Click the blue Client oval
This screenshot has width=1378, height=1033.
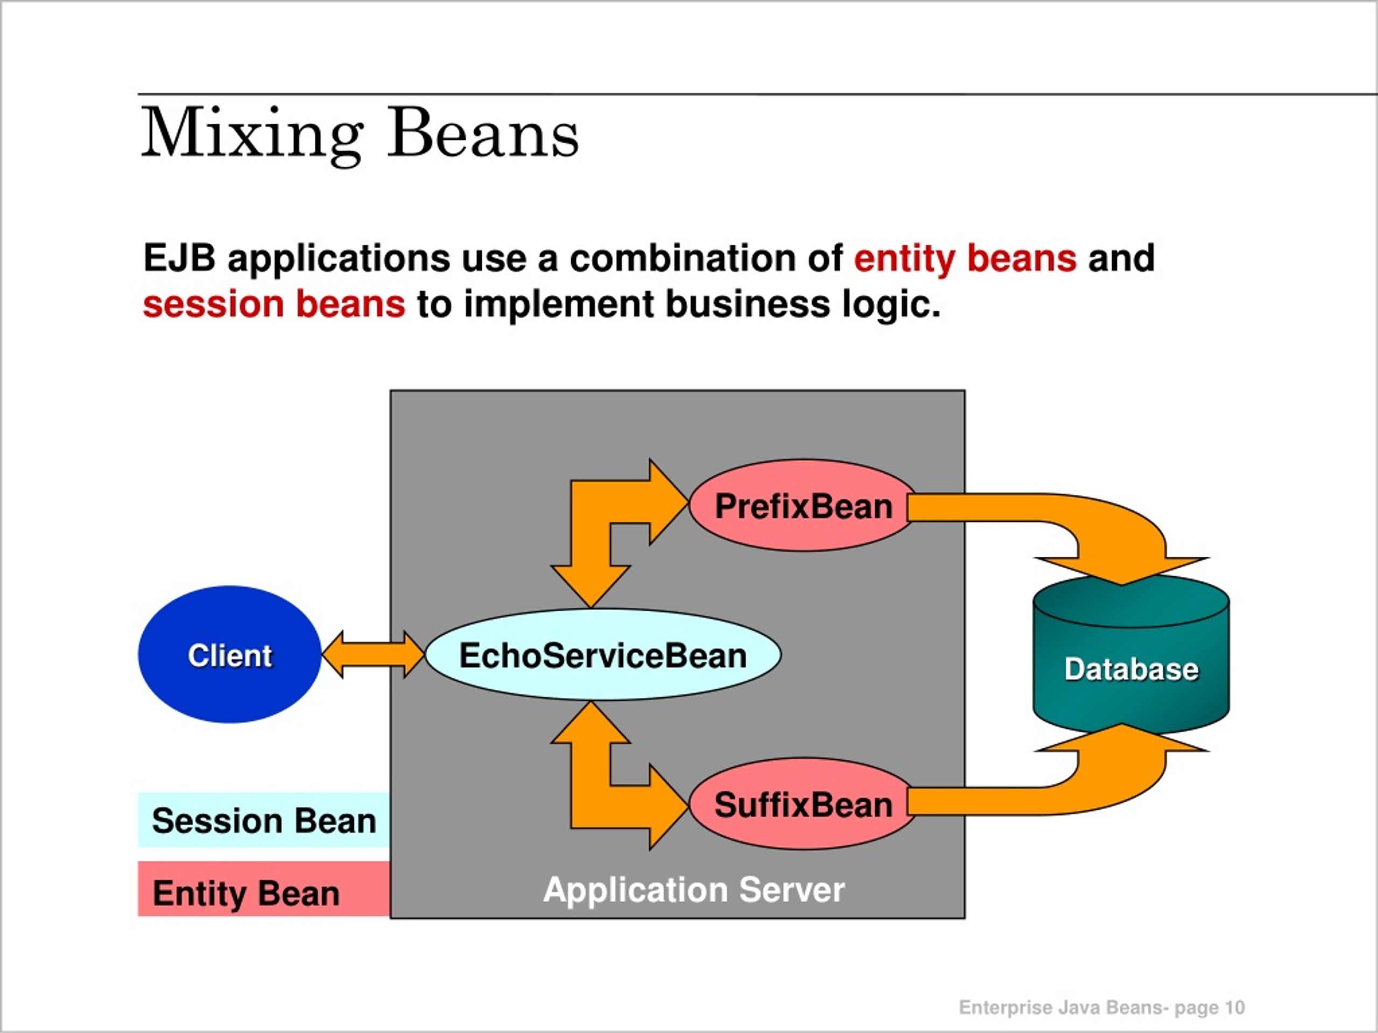tap(229, 654)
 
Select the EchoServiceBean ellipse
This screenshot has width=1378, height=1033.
tap(602, 654)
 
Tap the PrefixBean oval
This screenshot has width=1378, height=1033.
tap(803, 506)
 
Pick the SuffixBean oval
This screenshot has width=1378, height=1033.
tap(803, 804)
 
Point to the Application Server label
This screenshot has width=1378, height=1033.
tap(694, 890)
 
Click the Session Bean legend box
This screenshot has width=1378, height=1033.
tap(264, 820)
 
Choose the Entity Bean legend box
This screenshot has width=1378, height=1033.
tap(264, 889)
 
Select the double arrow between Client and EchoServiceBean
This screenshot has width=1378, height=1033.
tap(373, 654)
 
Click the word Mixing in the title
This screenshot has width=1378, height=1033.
tap(252, 134)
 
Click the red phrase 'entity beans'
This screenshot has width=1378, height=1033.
tap(965, 258)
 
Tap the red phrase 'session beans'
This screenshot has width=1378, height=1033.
tap(274, 305)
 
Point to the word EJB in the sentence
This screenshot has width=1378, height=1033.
tap(179, 257)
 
